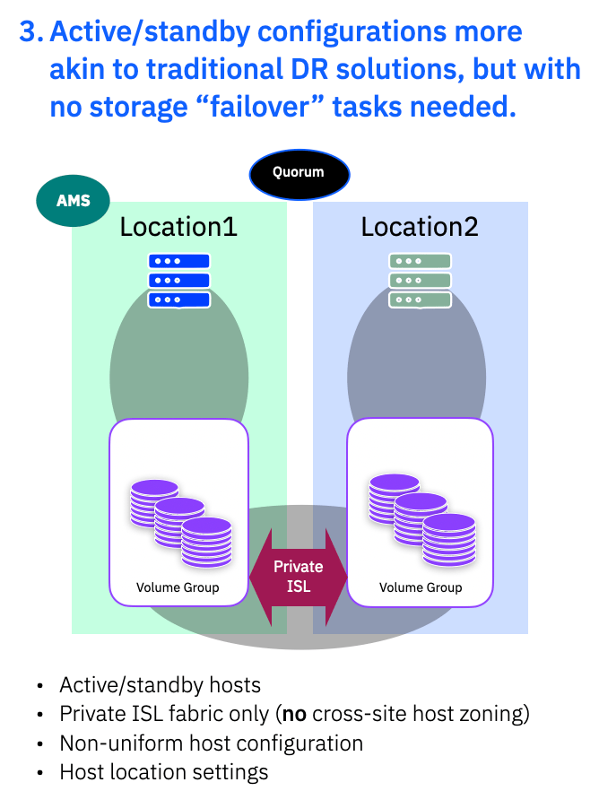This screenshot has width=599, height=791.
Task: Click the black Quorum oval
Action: click(299, 173)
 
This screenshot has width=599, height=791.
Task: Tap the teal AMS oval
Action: click(74, 201)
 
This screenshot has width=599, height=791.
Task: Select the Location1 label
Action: click(178, 227)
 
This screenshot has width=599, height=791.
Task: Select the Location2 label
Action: click(420, 227)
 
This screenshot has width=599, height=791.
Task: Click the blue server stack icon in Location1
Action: click(179, 280)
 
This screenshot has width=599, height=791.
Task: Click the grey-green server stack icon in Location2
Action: click(420, 280)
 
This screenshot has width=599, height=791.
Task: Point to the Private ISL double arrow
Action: click(299, 577)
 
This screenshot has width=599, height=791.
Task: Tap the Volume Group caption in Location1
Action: click(178, 587)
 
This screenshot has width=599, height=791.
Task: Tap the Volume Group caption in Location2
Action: click(421, 587)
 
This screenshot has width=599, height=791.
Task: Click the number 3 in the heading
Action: click(30, 32)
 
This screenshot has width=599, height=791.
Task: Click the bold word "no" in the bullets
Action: click(297, 715)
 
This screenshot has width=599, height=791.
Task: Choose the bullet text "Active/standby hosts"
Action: click(160, 686)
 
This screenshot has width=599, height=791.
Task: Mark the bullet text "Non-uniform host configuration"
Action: click(211, 743)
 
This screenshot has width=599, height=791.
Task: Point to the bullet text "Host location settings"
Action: click(163, 772)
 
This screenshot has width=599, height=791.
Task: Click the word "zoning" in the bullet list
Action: click(494, 715)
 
